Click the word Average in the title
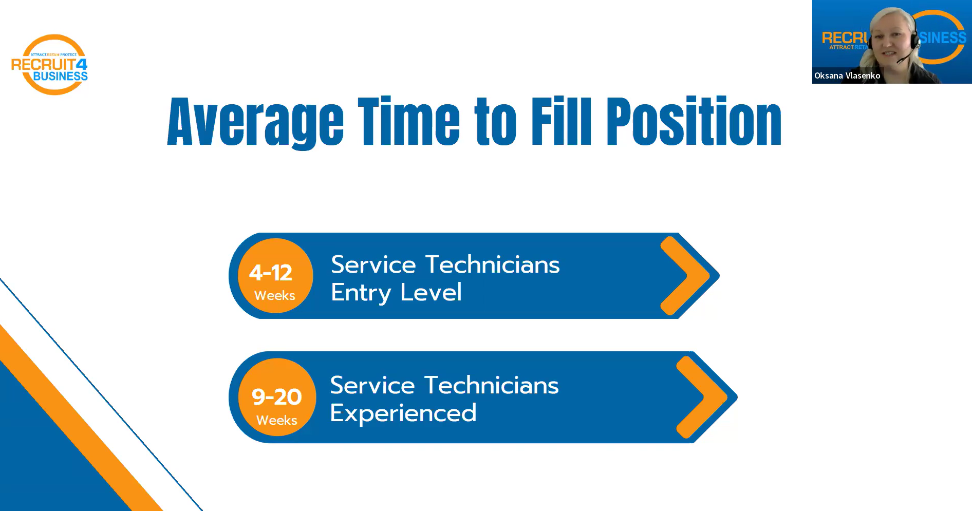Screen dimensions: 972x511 click(255, 122)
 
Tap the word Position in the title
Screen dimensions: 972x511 click(694, 121)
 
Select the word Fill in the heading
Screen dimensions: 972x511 click(562, 121)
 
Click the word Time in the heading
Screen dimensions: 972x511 click(409, 121)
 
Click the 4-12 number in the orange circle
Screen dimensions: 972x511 click(271, 273)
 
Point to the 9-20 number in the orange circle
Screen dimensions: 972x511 click(276, 396)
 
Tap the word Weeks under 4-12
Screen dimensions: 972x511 click(275, 295)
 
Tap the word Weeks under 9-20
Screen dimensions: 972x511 click(277, 420)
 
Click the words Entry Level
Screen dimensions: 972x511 click(396, 293)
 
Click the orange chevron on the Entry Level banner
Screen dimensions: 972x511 click(685, 276)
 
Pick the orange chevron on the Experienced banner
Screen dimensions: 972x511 click(702, 398)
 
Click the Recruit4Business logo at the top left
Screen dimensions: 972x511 click(50, 65)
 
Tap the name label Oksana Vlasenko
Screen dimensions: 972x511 click(847, 75)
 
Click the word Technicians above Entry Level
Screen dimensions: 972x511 click(493, 264)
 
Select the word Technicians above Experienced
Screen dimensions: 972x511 click(492, 385)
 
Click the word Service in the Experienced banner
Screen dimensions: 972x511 click(372, 385)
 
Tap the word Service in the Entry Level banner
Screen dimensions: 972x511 click(373, 264)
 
